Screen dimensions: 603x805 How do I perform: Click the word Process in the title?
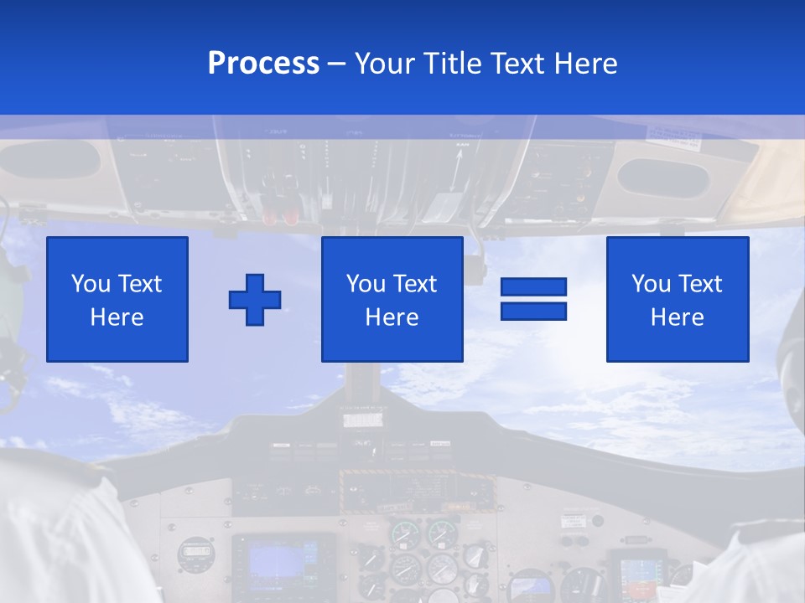click(x=263, y=64)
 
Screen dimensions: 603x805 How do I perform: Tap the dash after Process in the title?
click(x=336, y=64)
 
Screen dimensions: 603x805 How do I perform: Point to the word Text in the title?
click(x=517, y=64)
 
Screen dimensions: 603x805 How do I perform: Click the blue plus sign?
click(x=255, y=299)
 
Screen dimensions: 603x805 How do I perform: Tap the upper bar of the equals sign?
click(x=533, y=287)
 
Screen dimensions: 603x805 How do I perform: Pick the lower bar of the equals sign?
click(x=533, y=311)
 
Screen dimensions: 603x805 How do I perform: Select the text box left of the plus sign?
click(x=117, y=299)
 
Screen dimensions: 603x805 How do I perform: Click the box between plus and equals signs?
click(x=392, y=299)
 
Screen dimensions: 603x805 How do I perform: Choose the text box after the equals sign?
click(x=677, y=299)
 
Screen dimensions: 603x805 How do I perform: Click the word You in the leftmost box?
click(x=90, y=284)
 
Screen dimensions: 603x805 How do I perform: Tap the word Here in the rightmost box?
click(x=677, y=317)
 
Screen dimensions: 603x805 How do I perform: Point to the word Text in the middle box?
click(x=416, y=284)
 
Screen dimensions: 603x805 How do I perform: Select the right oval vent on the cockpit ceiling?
click(x=662, y=178)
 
